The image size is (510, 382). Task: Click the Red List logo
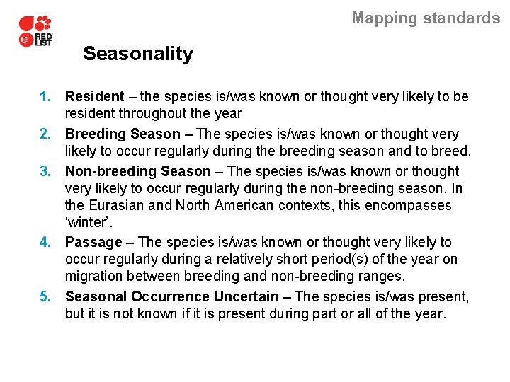click(x=35, y=33)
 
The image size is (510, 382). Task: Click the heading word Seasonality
click(x=137, y=54)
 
